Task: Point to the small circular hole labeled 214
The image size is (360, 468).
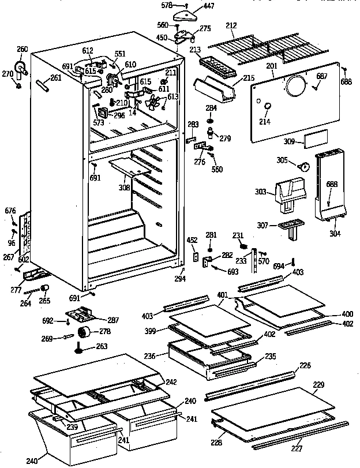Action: [267, 107]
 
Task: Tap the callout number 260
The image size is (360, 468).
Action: [22, 49]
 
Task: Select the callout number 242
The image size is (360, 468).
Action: [171, 382]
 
